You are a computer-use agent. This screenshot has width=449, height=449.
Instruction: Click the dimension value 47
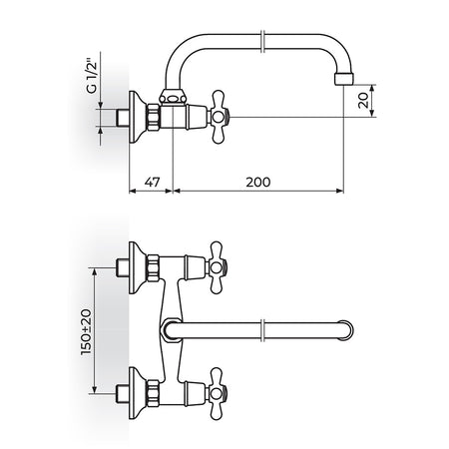point(152,182)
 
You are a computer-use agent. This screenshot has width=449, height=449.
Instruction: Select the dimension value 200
point(258,182)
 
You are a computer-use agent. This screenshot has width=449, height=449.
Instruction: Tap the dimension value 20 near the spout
point(363,100)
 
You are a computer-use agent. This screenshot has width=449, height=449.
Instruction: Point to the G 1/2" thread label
point(92,76)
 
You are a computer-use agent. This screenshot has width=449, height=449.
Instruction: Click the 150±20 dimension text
point(86,332)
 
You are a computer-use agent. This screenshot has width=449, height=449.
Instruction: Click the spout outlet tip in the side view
point(344,79)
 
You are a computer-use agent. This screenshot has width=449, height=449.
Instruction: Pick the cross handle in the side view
point(219,117)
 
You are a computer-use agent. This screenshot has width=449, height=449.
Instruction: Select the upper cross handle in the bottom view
point(217,267)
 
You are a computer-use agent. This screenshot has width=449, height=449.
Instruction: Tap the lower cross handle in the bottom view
point(217,393)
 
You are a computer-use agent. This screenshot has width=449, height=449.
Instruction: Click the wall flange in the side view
point(137,117)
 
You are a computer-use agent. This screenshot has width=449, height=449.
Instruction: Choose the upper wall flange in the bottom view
point(137,267)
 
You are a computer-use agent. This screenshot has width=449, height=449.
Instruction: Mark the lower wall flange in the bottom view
point(137,393)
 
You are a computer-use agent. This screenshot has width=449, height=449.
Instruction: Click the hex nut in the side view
point(154,117)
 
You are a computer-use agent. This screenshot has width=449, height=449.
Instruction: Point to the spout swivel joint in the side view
point(173,97)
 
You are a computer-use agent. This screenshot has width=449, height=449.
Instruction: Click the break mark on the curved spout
point(262,42)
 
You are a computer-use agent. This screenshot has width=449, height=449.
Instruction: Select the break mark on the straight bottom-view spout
point(262,330)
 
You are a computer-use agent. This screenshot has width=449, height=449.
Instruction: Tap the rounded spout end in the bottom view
point(346,330)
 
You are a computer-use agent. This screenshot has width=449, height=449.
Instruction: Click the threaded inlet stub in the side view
point(122,117)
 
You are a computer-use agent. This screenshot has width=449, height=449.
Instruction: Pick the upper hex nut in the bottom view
point(153,267)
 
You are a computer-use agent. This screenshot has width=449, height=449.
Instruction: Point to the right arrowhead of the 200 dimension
point(340,191)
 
